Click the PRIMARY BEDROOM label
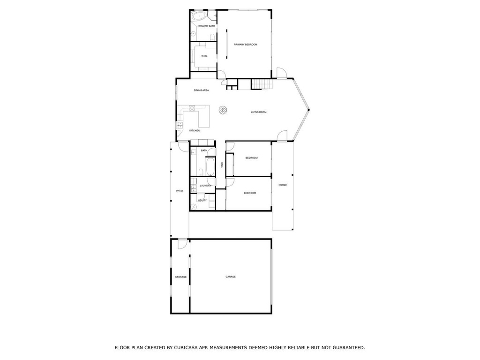[245, 45]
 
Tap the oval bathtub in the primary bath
[199, 15]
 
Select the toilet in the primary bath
[212, 37]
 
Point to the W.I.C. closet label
[204, 56]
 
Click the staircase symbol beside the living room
[262, 84]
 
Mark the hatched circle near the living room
[223, 110]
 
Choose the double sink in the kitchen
[180, 125]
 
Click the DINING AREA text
[202, 90]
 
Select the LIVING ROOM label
[259, 112]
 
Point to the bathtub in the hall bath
[210, 167]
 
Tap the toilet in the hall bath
[201, 171]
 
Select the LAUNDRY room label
[205, 186]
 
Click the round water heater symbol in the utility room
[194, 207]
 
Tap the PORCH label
[283, 185]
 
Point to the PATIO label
[180, 191]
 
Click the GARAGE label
[231, 277]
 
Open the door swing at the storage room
[183, 244]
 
